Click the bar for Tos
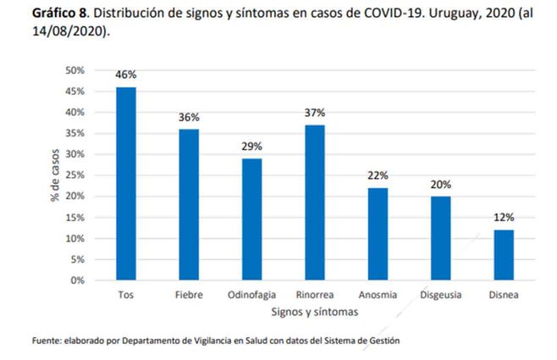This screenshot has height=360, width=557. pos(126,183)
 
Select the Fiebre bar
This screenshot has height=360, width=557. pos(188,204)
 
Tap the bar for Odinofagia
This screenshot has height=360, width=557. pos(251,219)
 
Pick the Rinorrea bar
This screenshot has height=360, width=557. pos(314,202)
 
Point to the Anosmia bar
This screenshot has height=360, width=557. pos(377,234)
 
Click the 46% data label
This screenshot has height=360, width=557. pos(126,75)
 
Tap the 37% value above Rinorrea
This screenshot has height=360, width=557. pos(314,113)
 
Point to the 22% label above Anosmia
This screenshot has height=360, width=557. pos(377,175)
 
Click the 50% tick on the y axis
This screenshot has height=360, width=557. pos(74,70)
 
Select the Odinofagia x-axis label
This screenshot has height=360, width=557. pos(251,295)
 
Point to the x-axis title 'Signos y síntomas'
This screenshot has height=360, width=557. pos(314,312)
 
